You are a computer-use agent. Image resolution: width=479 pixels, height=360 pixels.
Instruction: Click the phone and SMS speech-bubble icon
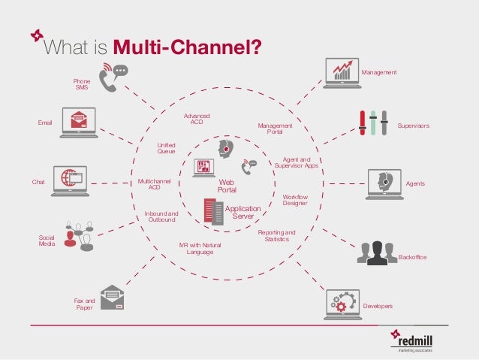coord(113,78)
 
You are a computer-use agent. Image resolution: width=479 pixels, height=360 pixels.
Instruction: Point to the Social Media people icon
coord(79,235)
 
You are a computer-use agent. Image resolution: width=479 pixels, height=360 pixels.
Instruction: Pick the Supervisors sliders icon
coord(372,123)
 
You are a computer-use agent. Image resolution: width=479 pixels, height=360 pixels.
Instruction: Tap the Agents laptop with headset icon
coord(384,183)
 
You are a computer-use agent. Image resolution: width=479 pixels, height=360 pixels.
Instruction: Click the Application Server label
coord(243,212)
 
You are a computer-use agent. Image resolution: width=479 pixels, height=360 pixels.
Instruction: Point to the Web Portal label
coord(227,186)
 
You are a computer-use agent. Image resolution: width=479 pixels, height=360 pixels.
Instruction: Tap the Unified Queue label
coord(166,148)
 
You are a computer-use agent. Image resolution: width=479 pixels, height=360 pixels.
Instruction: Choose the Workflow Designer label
coord(295,199)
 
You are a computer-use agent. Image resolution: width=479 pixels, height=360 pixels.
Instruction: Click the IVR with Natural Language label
coord(200,249)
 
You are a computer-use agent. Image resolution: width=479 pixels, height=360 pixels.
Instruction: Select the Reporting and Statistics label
coord(277,236)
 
